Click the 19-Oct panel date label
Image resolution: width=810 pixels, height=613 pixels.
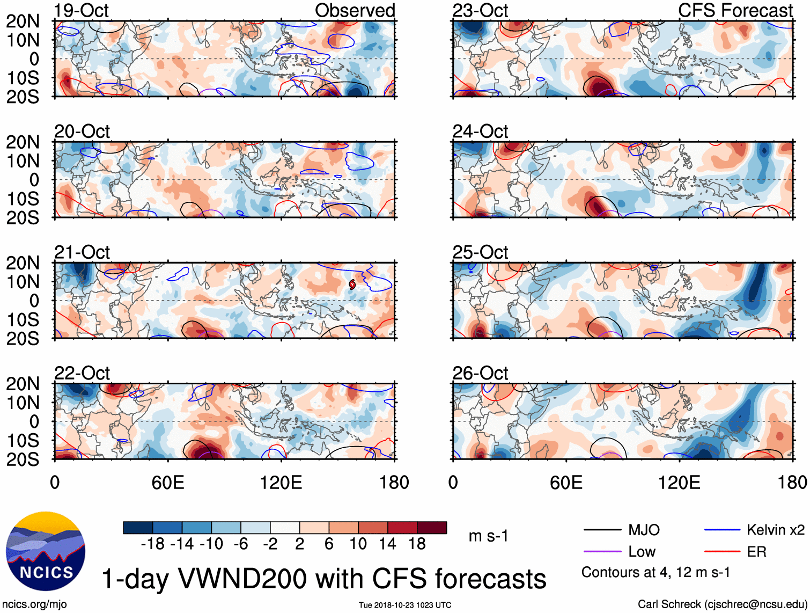(81, 10)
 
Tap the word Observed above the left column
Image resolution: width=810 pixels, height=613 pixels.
(355, 10)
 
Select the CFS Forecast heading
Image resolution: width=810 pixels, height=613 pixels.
(735, 10)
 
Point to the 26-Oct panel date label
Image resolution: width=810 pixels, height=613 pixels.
(480, 373)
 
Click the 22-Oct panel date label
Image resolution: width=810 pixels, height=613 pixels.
(82, 373)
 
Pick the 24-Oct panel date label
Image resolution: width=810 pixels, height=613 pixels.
(480, 131)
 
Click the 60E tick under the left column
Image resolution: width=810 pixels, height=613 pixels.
(168, 482)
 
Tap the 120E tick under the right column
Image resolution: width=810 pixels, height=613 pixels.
(679, 482)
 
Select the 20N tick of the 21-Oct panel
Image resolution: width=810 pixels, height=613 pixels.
(23, 263)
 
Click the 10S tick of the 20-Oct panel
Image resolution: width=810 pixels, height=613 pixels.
(23, 199)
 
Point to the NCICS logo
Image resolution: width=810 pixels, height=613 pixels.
(46, 551)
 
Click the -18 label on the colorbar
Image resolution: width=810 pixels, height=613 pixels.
(152, 544)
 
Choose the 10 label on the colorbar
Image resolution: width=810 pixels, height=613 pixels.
(358, 544)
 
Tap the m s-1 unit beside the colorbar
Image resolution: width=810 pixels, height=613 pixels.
(488, 536)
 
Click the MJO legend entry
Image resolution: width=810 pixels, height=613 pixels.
(644, 530)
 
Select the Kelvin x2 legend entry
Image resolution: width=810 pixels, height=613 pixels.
(775, 530)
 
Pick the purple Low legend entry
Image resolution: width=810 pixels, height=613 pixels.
(642, 551)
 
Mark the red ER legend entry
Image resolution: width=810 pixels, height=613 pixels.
(756, 551)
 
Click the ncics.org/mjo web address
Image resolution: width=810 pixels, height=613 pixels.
(34, 604)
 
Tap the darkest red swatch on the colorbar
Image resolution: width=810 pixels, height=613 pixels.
(432, 528)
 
